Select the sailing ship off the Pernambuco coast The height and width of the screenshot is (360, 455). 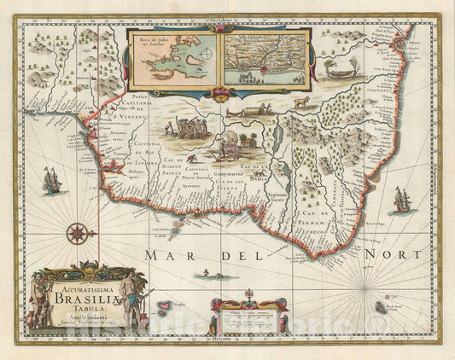[400, 200]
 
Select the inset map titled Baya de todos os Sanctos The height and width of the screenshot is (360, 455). [173, 61]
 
